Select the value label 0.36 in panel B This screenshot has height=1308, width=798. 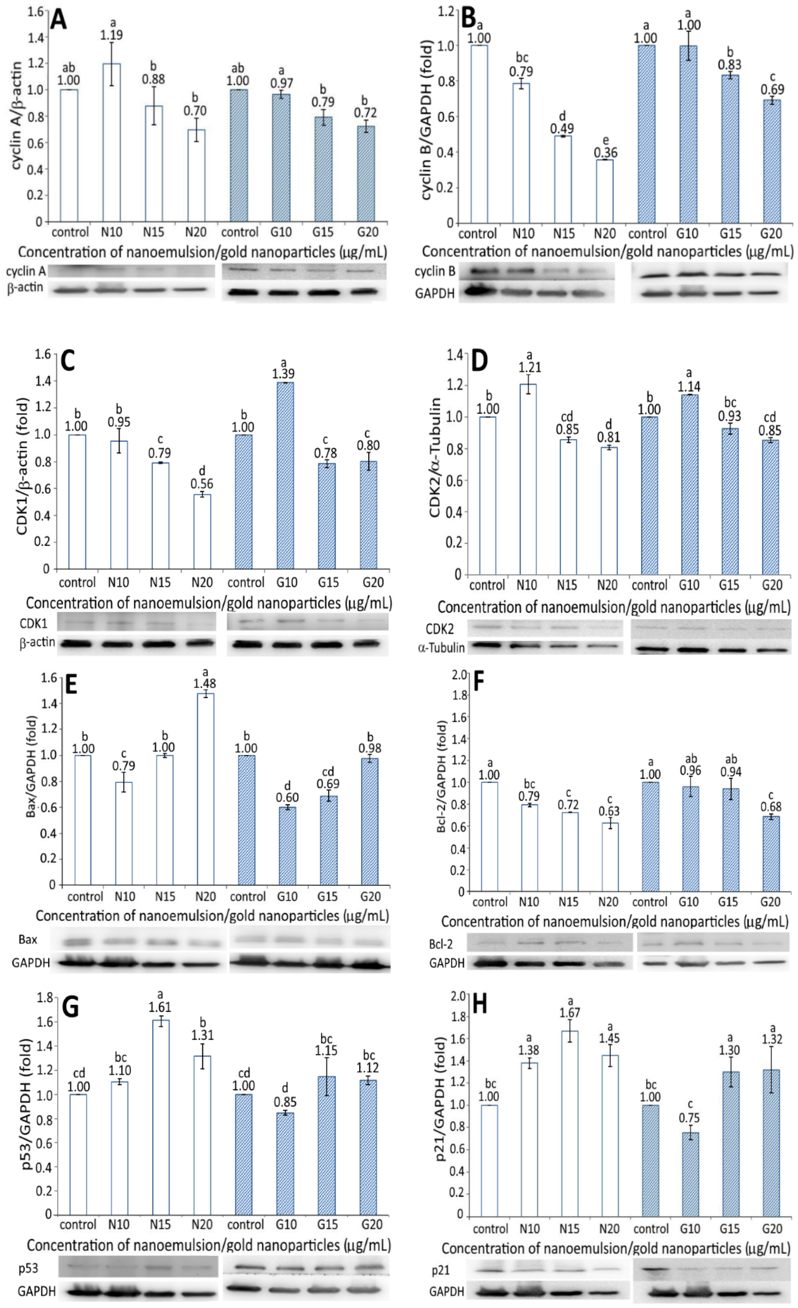605,153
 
